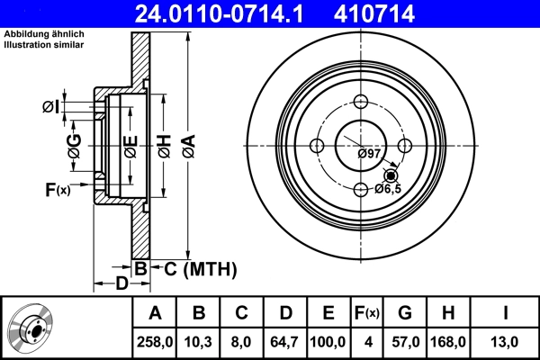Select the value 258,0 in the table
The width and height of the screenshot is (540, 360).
point(154,343)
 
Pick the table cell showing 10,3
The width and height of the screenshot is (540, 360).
point(199,343)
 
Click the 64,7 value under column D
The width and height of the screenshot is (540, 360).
point(284,343)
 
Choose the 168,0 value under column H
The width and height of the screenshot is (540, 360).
point(447,343)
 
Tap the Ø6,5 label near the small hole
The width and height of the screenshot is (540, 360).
point(388,189)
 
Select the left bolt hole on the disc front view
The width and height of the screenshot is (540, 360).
point(316,146)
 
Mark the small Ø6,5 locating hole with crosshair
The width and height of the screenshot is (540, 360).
point(390,175)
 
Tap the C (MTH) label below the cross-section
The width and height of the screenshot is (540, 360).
point(194,268)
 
